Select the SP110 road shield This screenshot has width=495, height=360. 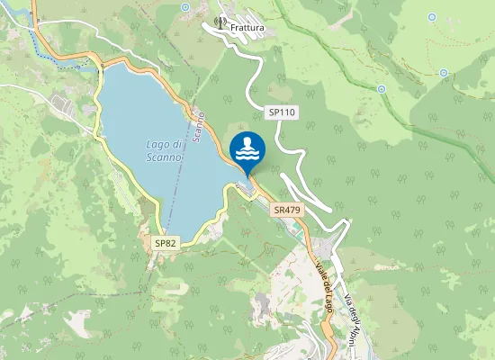[281, 112]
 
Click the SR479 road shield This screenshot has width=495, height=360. [286, 210]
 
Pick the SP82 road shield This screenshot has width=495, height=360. [165, 243]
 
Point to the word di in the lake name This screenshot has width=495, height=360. [176, 144]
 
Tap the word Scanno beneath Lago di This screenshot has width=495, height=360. [164, 157]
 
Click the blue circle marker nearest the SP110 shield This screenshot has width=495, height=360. [382, 88]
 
